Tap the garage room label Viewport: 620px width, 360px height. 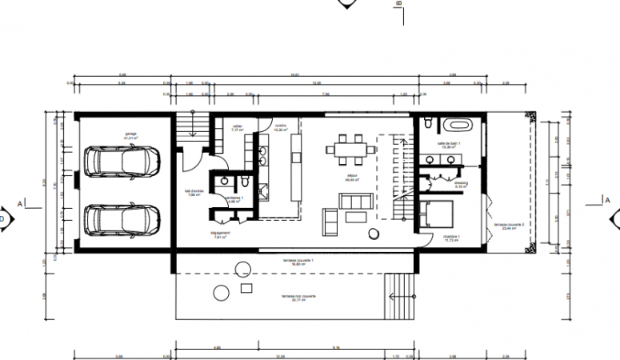[130, 136]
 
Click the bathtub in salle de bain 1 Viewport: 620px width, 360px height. [458, 126]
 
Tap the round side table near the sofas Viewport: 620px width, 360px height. [374, 234]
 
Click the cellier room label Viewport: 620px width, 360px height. [237, 127]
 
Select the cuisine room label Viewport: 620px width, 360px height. [280, 127]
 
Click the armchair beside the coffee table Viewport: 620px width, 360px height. [330, 217]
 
